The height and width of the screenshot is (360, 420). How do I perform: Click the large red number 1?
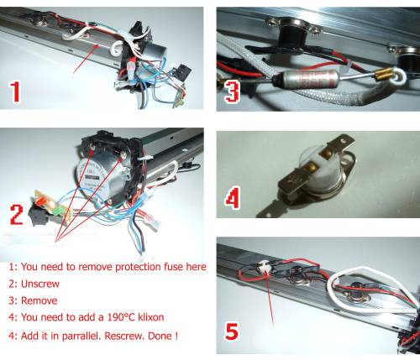15,91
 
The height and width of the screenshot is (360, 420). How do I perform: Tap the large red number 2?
17,215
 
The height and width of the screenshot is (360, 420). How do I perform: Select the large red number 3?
232,91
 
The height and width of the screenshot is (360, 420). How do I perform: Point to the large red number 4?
233,198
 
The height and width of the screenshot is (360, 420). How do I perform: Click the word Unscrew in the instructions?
40,284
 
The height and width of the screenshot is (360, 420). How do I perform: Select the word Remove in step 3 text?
39,300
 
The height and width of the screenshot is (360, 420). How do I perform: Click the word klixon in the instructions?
150,317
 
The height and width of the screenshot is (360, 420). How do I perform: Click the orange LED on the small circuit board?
40,201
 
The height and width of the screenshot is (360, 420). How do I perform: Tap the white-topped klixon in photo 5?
264,267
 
